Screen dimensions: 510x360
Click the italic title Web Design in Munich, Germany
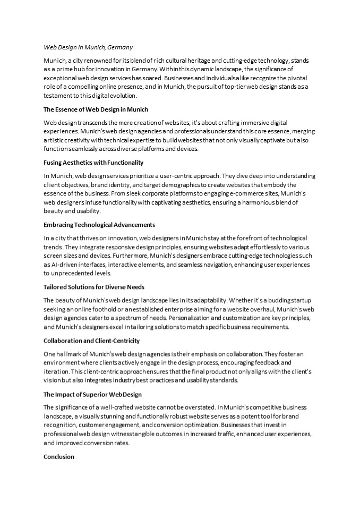pyautogui.click(x=88, y=47)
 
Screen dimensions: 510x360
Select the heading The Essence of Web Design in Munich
pyautogui.click(x=96, y=109)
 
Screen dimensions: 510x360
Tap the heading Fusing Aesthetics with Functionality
pyautogui.click(x=93, y=163)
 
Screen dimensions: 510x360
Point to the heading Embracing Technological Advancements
pyautogui.click(x=99, y=225)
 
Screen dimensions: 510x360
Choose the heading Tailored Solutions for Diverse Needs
pyautogui.click(x=93, y=287)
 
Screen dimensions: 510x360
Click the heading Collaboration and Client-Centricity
pyautogui.click(x=91, y=341)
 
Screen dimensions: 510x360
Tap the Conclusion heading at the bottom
pyautogui.click(x=59, y=456)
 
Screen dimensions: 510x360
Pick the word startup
pyautogui.click(x=301, y=301)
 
